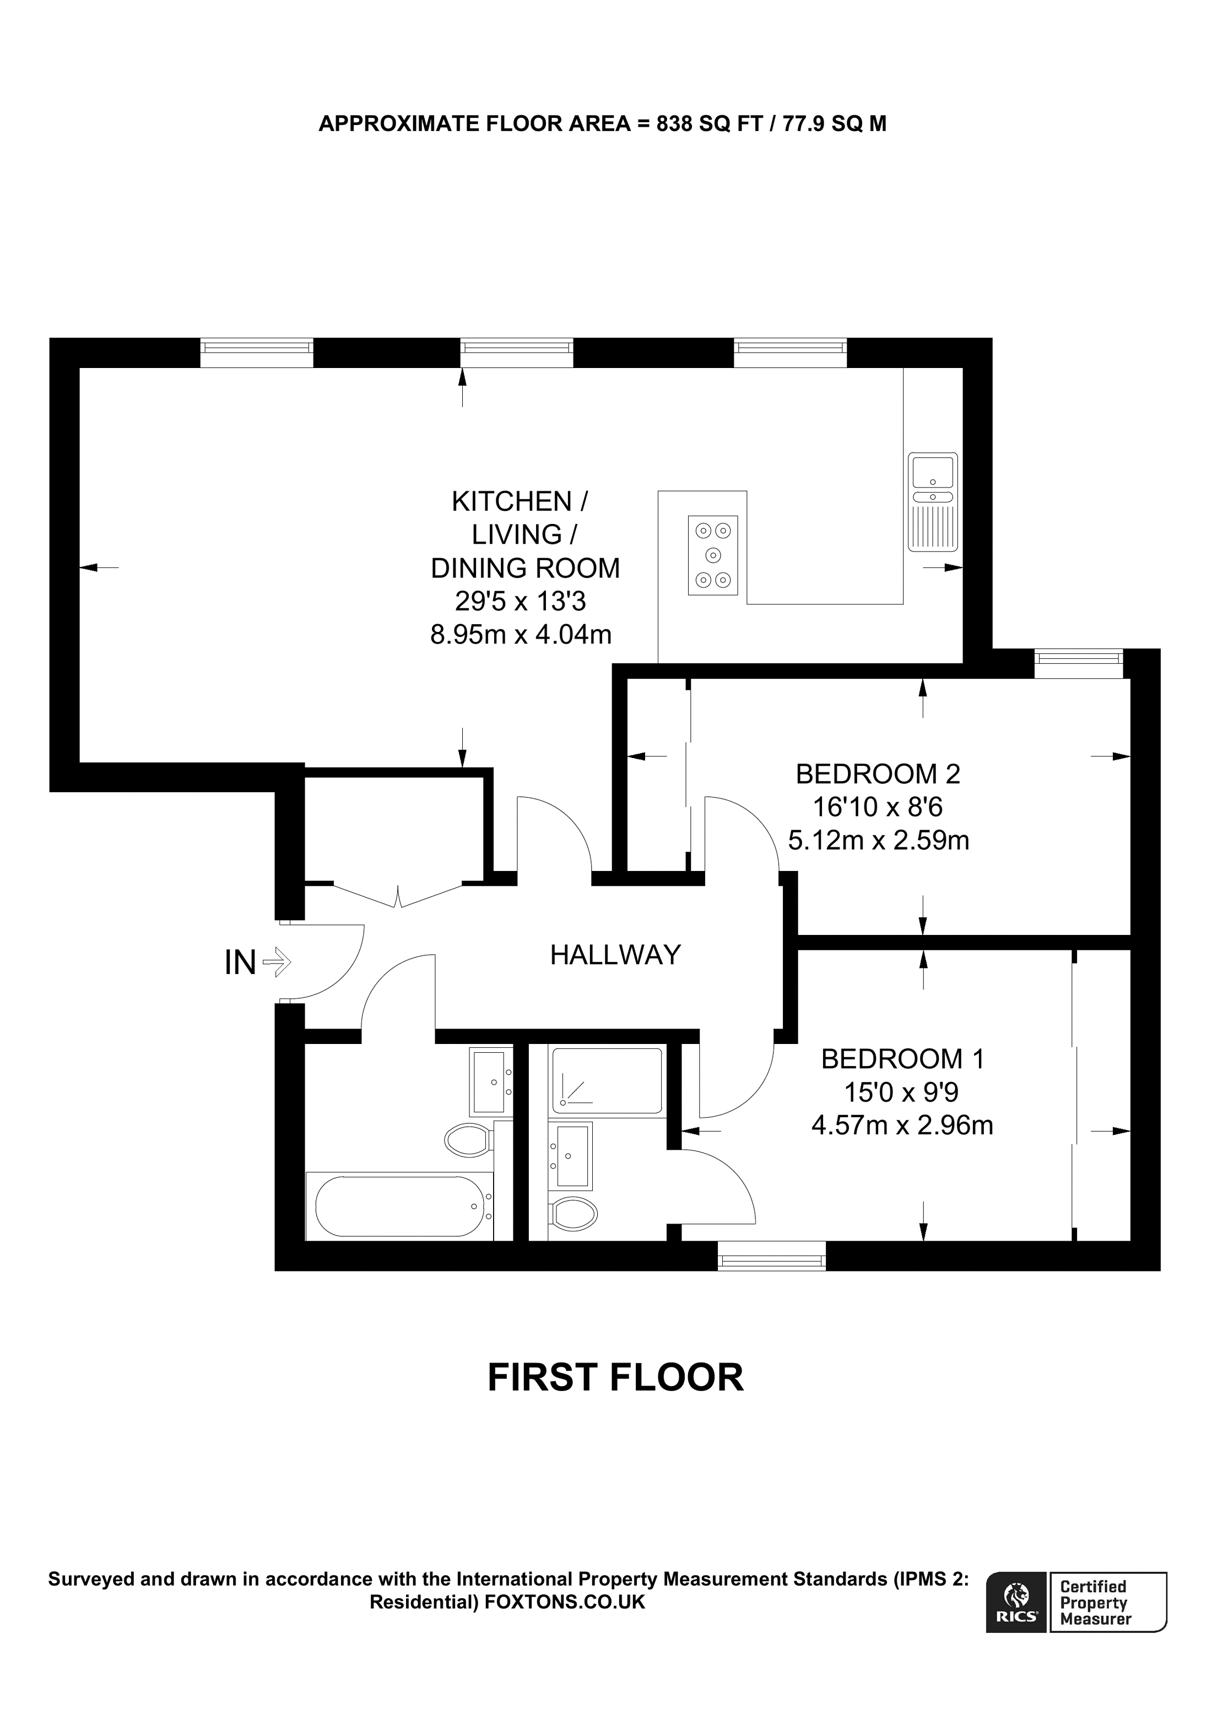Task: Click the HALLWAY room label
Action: (x=615, y=955)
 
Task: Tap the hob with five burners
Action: (x=712, y=555)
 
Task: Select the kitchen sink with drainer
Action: (x=933, y=501)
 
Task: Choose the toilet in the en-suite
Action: (x=573, y=1213)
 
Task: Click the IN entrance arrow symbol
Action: (x=277, y=961)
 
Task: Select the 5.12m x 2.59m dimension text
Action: (x=878, y=840)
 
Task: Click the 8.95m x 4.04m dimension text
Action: (x=521, y=634)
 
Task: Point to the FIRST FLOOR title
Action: (x=615, y=1378)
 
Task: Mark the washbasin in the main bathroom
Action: (x=491, y=1081)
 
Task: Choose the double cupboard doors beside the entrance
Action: (x=398, y=895)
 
